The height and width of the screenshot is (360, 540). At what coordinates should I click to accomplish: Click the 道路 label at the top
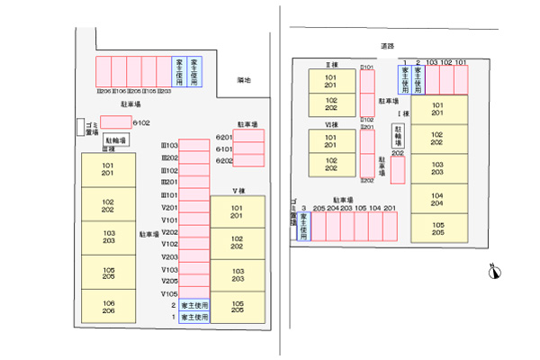(388, 44)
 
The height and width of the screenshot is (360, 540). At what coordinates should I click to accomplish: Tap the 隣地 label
(244, 80)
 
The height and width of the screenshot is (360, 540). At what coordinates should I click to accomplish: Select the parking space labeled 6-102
(115, 122)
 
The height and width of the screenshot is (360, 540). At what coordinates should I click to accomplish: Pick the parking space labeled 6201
(249, 137)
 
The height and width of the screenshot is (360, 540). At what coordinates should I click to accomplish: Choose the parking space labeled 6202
(249, 160)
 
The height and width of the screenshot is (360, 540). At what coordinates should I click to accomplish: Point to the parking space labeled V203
(194, 256)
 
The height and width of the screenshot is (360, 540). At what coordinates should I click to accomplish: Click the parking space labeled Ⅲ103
(194, 145)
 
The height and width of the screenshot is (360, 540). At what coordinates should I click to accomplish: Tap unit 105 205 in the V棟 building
(238, 307)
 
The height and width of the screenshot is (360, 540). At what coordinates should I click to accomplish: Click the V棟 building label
(238, 191)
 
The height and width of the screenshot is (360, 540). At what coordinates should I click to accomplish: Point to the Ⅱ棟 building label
(331, 65)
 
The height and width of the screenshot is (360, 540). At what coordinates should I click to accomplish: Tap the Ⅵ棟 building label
(331, 124)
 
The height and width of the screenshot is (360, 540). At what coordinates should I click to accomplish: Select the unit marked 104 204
(437, 199)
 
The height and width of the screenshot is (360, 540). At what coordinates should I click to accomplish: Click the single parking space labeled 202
(397, 170)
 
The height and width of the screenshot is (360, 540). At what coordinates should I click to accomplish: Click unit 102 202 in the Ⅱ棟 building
(331, 103)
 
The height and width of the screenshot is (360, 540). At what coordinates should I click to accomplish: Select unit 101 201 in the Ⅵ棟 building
(331, 140)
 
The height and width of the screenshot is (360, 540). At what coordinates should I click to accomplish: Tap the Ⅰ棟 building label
(406, 113)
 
